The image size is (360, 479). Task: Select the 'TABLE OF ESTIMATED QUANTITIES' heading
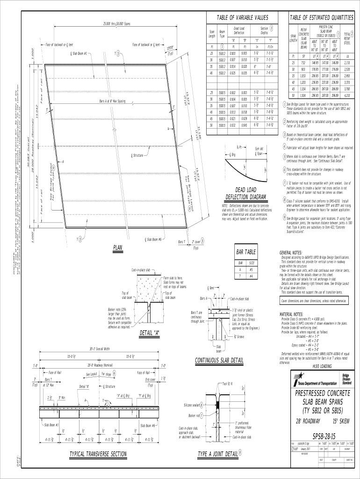click(x=321, y=17)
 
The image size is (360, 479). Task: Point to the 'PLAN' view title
click(x=118, y=247)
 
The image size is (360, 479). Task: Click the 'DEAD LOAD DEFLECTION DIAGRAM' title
click(x=245, y=193)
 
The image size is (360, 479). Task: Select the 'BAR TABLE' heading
click(x=246, y=253)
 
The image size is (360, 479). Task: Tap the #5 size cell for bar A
click(x=252, y=269)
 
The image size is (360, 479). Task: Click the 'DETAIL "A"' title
click(x=150, y=333)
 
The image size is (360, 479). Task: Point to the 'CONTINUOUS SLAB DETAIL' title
click(x=219, y=360)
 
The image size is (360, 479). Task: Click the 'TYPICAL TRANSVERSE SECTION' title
click(x=98, y=454)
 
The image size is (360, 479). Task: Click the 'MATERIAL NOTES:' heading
click(x=294, y=314)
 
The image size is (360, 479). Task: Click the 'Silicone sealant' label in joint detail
click(x=193, y=405)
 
